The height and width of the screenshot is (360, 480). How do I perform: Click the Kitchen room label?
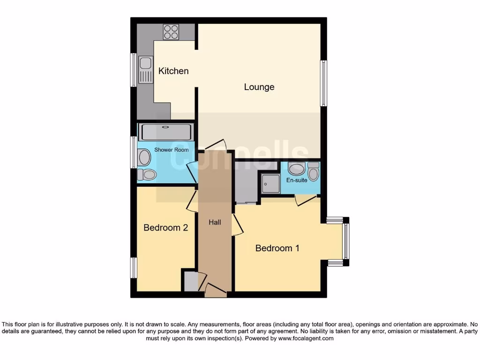click(173, 71)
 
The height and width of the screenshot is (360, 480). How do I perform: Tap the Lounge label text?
click(259, 87)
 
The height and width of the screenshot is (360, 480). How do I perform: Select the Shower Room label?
click(172, 150)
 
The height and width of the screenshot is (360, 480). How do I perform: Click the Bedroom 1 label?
click(277, 248)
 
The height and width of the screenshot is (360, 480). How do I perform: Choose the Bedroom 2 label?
click(165, 228)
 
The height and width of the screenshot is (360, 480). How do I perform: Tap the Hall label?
click(215, 222)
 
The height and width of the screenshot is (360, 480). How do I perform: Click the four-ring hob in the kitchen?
click(171, 32)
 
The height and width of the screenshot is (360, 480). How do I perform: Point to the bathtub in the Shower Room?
click(166, 132)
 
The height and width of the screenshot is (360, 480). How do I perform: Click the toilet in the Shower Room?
click(146, 175)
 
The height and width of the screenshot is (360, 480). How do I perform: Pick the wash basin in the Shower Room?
click(144, 157)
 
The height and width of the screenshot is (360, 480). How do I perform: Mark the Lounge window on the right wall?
click(323, 83)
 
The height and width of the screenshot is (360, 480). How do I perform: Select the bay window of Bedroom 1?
click(345, 241)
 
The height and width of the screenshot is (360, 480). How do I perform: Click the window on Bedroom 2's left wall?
click(134, 268)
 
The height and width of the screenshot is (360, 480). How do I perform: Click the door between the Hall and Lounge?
click(215, 144)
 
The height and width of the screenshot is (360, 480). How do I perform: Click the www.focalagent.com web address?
click(306, 338)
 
